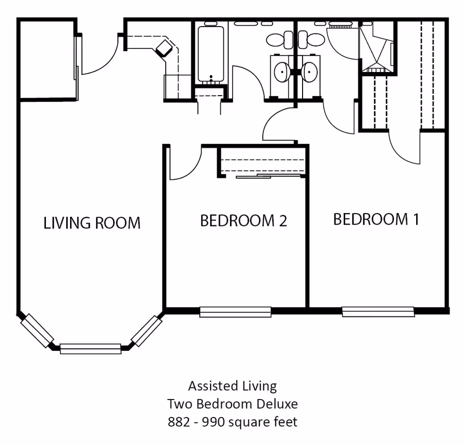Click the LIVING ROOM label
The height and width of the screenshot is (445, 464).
tap(92, 223)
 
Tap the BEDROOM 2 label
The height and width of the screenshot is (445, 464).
tap(244, 220)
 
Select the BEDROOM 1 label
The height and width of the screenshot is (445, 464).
tap(376, 219)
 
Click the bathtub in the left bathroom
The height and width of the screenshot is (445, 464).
tap(211, 54)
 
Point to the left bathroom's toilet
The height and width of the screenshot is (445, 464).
tap(279, 40)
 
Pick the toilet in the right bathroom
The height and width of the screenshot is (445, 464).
tap(311, 40)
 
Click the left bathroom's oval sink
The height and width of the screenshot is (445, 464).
tap(282, 72)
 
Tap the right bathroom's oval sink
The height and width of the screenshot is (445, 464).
tap(309, 72)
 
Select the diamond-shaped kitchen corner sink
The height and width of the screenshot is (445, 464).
tap(164, 48)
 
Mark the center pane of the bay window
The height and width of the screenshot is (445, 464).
tap(90, 349)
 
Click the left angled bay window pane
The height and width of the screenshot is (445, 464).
tap(37, 330)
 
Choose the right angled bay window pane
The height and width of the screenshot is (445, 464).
tap(146, 331)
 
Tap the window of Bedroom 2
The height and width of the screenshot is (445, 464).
tap(235, 312)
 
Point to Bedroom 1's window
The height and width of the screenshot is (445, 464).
tap(378, 312)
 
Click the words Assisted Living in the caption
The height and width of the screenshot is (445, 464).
tap(232, 386)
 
